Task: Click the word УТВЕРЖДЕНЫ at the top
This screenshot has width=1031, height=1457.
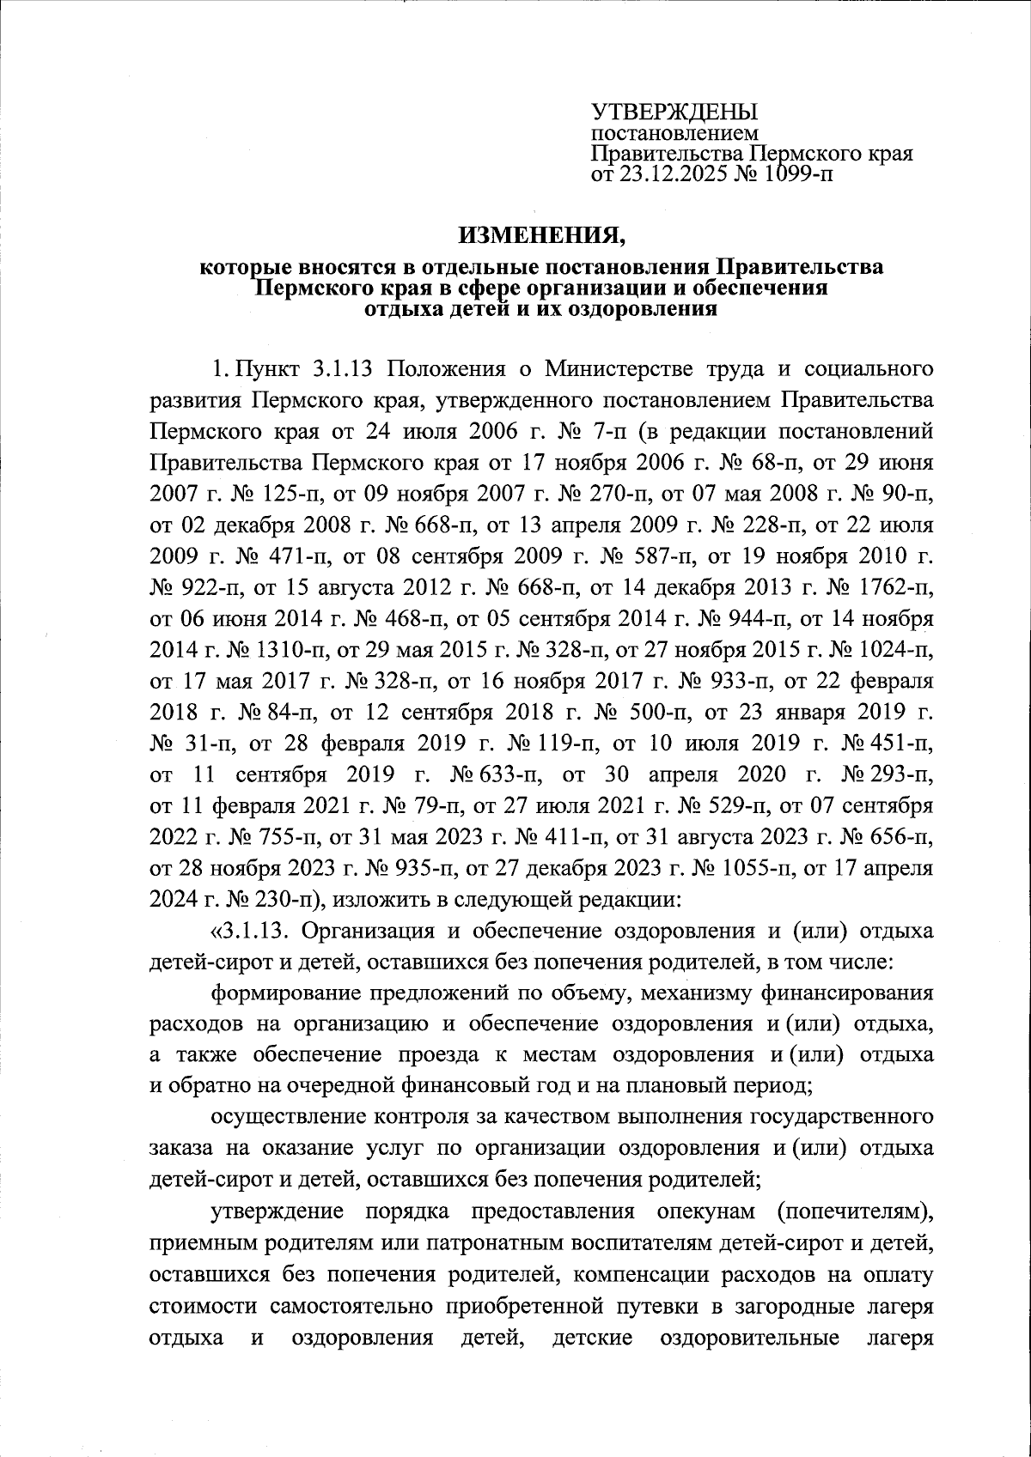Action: [675, 112]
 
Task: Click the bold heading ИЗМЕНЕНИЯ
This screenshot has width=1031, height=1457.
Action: [542, 233]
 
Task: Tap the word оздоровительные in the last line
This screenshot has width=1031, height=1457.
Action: [748, 1336]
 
